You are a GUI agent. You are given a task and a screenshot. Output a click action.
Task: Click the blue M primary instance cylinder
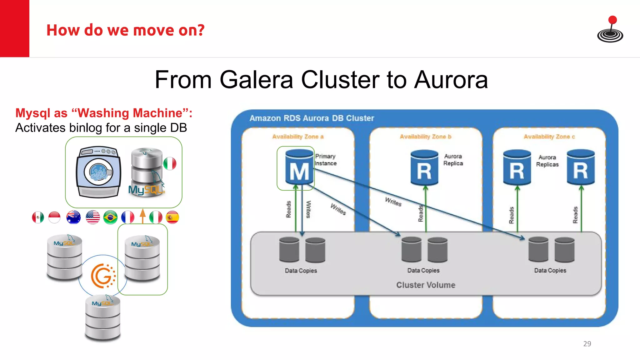pyautogui.click(x=299, y=167)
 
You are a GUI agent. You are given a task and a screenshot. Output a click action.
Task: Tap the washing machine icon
pyautogui.click(x=98, y=172)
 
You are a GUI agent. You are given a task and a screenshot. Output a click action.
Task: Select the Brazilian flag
pyautogui.click(x=110, y=217)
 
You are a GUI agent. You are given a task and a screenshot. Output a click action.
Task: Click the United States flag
pyautogui.click(x=92, y=217)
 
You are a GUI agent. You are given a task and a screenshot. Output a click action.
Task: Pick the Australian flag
pyautogui.click(x=73, y=217)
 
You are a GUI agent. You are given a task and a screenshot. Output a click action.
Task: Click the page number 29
pyautogui.click(x=587, y=344)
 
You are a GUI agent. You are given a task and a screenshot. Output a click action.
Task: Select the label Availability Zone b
pyautogui.click(x=425, y=137)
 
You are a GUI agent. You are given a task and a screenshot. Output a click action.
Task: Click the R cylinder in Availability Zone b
pyautogui.click(x=424, y=168)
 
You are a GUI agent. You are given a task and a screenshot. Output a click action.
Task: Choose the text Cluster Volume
pyautogui.click(x=426, y=285)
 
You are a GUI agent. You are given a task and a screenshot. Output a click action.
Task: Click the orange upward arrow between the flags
pyautogui.click(x=143, y=216)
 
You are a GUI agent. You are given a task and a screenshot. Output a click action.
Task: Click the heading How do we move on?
pyautogui.click(x=125, y=30)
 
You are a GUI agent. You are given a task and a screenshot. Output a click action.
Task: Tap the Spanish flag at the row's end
pyautogui.click(x=172, y=217)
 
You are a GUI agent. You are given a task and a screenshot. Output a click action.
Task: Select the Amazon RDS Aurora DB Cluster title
pyautogui.click(x=312, y=118)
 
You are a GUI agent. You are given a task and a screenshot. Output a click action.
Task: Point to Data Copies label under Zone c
pyautogui.click(x=550, y=271)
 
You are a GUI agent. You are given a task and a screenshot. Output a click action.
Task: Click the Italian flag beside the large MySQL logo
pyautogui.click(x=170, y=163)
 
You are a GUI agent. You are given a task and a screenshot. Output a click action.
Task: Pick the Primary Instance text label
pyautogui.click(x=325, y=160)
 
